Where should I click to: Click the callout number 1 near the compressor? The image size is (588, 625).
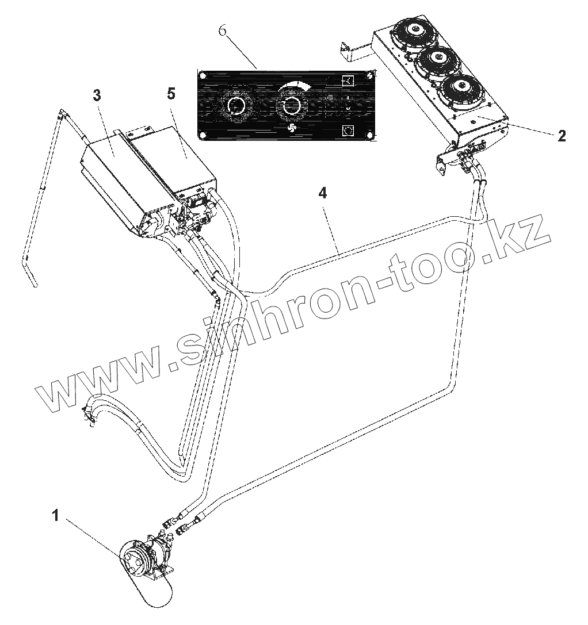pos(56,516)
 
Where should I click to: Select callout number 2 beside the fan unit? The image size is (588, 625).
pos(562,136)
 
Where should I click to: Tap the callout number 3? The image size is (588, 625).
pos(97,95)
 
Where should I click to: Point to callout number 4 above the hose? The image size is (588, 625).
pos(323,193)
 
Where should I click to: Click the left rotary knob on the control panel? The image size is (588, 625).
pos(235,106)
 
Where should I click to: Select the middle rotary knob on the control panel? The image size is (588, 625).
pos(291,105)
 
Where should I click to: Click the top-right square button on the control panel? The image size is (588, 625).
pos(348,80)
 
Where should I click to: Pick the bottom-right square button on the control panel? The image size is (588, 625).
pos(348,131)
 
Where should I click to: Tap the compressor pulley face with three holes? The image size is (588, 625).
pos(133,557)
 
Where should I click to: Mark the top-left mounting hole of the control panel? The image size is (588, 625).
pos(203,76)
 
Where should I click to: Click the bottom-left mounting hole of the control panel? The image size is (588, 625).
pos(203,135)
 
